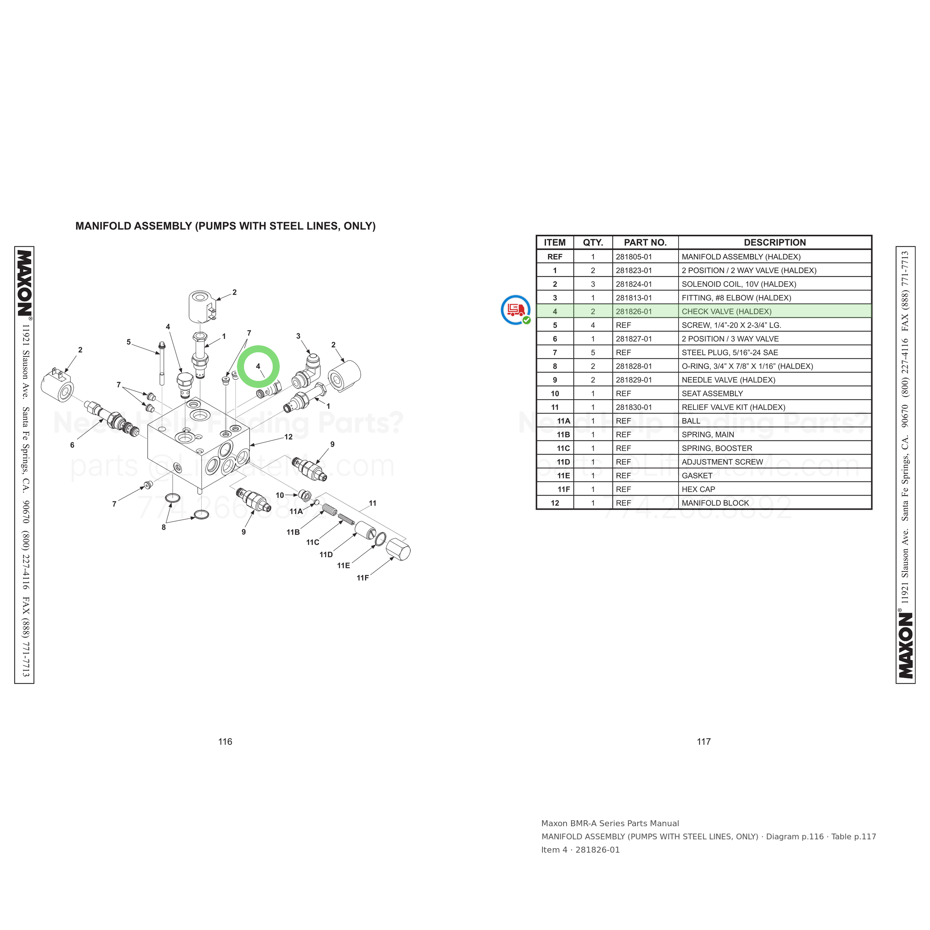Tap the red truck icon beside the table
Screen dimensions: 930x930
(x=516, y=310)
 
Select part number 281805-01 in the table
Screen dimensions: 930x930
(x=634, y=257)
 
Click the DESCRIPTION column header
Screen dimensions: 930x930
(x=775, y=243)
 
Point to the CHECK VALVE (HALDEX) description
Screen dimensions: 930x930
(x=727, y=311)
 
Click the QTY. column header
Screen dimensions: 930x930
(x=593, y=243)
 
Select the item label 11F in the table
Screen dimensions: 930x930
(x=564, y=489)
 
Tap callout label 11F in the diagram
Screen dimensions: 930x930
(x=362, y=578)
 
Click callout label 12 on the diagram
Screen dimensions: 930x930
(x=288, y=437)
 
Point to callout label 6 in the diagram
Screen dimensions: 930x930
(x=72, y=445)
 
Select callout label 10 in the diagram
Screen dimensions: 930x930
(x=280, y=495)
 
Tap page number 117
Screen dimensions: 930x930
(x=704, y=742)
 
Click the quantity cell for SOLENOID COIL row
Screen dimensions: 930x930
(x=593, y=284)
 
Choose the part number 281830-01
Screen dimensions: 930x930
(x=634, y=407)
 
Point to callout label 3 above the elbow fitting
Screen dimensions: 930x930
(x=298, y=336)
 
